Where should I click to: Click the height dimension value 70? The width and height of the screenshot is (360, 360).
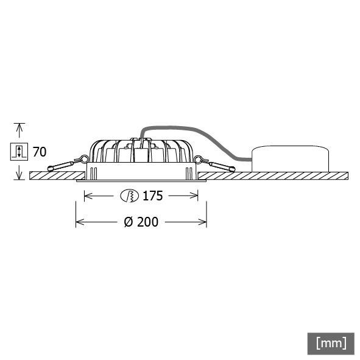tap(40, 152)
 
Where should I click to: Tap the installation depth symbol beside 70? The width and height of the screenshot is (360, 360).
tap(19, 152)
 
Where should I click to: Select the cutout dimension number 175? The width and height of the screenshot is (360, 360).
tap(152, 196)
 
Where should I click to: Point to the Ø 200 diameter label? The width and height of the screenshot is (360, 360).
tap(141, 222)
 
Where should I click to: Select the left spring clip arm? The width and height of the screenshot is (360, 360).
tap(61, 165)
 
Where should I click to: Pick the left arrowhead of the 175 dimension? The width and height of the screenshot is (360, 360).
tap(86, 196)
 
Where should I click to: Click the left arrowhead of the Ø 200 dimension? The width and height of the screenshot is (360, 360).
tap(79, 222)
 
